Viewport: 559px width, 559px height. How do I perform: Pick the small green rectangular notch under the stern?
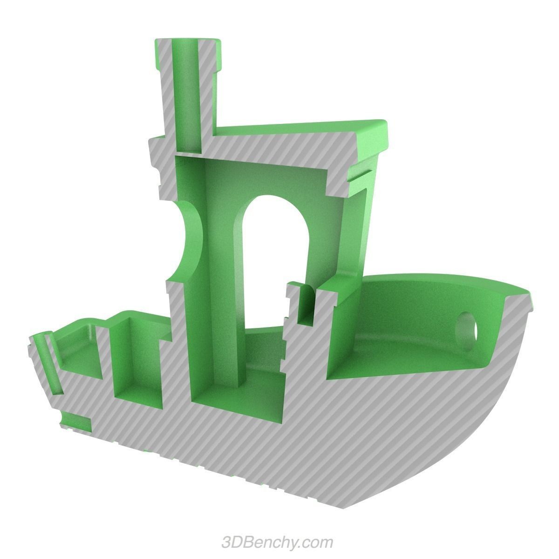(76, 421)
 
